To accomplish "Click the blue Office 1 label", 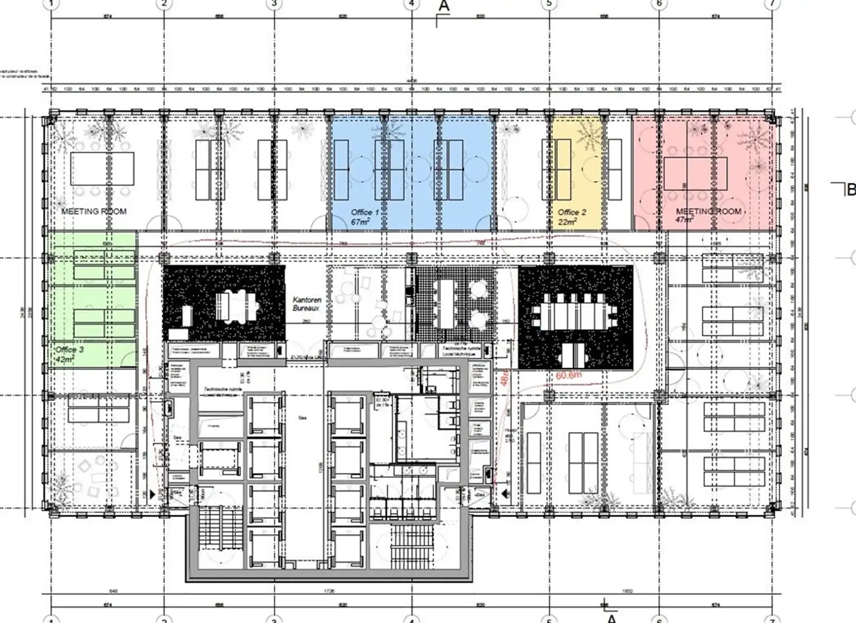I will click(365, 212).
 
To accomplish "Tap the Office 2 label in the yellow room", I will click(572, 212).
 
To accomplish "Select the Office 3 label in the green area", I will click(69, 350).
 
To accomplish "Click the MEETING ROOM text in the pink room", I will click(708, 211).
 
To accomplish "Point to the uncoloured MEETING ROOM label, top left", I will click(94, 211).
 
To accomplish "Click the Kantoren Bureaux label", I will click(306, 303).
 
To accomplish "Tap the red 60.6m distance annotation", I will click(569, 375).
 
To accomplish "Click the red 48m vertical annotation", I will click(505, 377).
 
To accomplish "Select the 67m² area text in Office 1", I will click(360, 222).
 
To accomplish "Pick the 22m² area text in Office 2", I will click(566, 222).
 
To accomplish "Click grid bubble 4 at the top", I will click(412, 4).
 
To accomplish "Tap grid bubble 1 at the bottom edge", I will click(51, 619).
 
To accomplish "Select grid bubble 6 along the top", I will click(659, 4).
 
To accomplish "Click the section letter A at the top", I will click(444, 6).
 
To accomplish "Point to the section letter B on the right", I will click(851, 189).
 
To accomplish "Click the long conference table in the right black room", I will click(575, 315).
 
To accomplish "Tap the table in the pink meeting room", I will click(695, 174).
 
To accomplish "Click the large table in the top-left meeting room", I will click(102, 169).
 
